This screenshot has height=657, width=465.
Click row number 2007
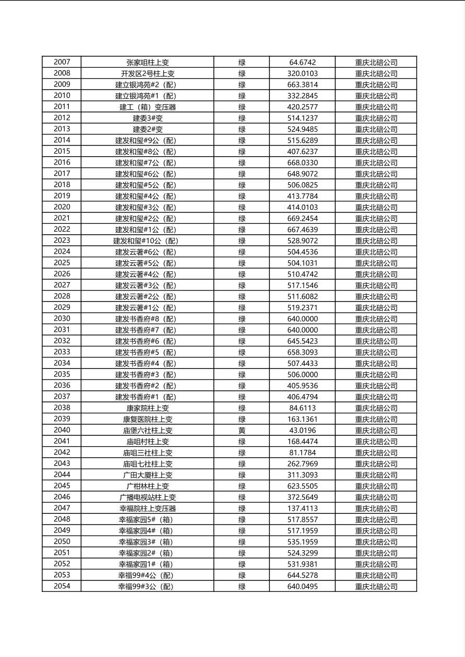62,62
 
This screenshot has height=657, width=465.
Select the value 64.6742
302,62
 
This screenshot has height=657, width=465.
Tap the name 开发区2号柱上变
148,73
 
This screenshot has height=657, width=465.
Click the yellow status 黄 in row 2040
242,431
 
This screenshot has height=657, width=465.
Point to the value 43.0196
302,431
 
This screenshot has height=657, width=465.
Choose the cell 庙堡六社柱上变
148,431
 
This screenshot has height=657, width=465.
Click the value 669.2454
302,219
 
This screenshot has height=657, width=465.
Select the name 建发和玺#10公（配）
148,241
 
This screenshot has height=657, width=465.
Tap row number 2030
62,319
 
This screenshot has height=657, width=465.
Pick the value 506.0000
302,375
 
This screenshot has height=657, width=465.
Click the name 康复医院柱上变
148,419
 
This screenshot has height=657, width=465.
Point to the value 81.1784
302,453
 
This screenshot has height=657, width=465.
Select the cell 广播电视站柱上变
148,498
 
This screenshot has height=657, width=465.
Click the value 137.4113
302,509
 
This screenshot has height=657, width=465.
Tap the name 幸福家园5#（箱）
148,520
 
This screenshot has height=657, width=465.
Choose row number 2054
62,586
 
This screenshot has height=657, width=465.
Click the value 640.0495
302,587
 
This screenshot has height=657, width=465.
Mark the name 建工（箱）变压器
148,107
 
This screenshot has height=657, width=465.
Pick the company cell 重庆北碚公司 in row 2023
376,241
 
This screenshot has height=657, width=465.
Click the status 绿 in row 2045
242,486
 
